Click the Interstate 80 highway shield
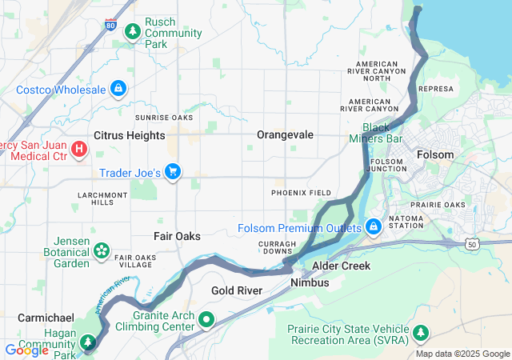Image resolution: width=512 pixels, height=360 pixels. point(110,26)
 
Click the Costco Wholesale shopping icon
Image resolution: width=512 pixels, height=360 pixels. point(118,88)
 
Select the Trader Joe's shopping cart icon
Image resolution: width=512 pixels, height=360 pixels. point(173,172)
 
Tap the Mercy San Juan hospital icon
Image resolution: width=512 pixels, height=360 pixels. point(79,149)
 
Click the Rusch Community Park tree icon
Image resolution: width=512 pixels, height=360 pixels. point(132,31)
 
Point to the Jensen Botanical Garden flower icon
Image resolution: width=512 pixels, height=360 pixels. point(102,251)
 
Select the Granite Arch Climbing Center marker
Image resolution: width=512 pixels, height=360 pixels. point(207,320)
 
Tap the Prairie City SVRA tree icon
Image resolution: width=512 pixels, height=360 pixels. point(421,331)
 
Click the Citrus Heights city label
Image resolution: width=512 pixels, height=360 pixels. point(130,135)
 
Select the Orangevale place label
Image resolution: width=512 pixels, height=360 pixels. point(285,135)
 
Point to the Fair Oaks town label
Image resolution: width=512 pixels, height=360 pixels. point(177,236)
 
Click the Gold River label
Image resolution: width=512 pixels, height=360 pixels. point(238,290)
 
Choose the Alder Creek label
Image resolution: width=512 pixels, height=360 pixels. point(341,266)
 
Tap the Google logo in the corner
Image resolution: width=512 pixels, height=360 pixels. point(26,350)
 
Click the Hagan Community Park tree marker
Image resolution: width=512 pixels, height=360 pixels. point(87,342)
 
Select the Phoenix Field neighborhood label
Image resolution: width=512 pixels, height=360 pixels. point(301,193)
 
